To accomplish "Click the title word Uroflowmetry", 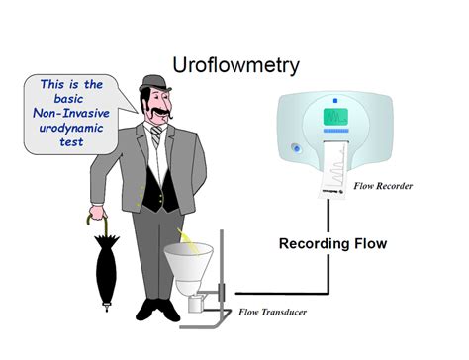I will tap(235, 66).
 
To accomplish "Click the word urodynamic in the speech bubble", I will tap(67, 130).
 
